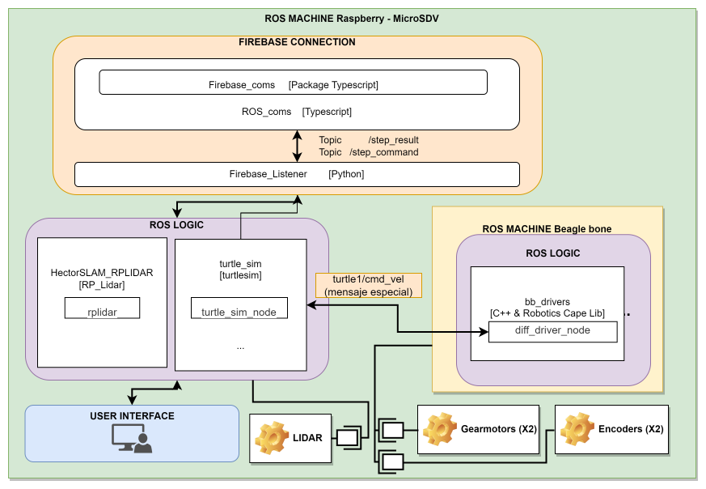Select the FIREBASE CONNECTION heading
(x=297, y=42)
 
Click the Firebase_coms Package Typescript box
(x=293, y=83)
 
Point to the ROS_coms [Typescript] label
(x=297, y=112)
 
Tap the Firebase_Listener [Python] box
(x=297, y=174)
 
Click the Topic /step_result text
(x=368, y=140)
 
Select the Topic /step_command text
(x=368, y=152)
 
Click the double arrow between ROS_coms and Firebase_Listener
(x=298, y=146)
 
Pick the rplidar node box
(x=102, y=308)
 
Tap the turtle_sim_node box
(x=239, y=308)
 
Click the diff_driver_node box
(x=552, y=331)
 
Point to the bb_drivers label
(x=547, y=300)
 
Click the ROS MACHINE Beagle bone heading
(x=547, y=229)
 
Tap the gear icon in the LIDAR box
(x=272, y=438)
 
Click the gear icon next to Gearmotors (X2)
(x=440, y=428)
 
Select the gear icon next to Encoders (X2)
(x=577, y=428)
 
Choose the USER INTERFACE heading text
(x=132, y=415)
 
